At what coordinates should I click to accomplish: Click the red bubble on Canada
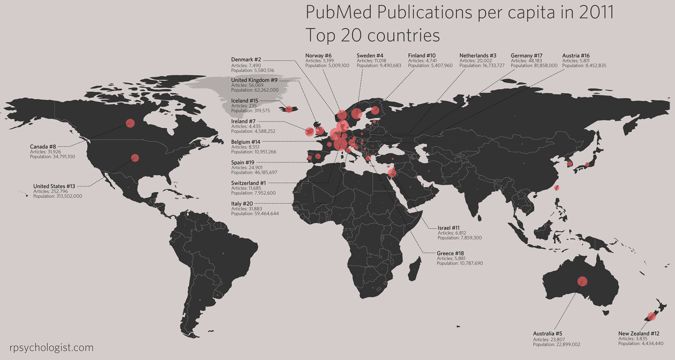pos(130,123)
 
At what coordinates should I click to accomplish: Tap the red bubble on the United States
pos(135,158)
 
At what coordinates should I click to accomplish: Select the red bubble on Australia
pos(582,281)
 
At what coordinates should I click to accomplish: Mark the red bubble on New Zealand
pos(651,316)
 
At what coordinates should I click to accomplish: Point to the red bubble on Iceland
pos(289,109)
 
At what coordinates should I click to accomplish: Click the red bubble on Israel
pos(393,174)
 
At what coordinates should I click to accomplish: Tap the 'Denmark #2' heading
pos(246,60)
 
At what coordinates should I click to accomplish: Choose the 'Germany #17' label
pos(526,55)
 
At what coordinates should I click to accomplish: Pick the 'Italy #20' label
pos(242,203)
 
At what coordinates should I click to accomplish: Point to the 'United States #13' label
pos(54,186)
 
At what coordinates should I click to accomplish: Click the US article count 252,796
pos(59,191)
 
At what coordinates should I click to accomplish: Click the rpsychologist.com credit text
pos(52,348)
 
